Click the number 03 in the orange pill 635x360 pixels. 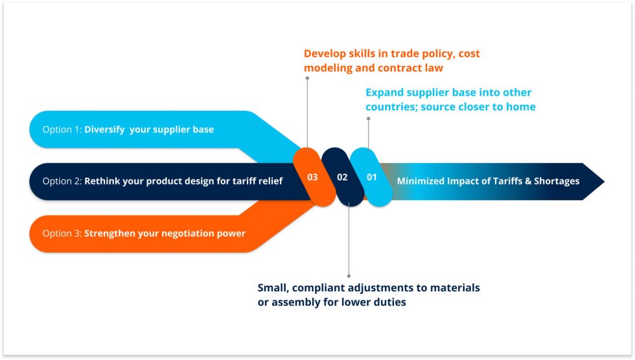(312, 177)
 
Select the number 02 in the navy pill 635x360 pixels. (342, 177)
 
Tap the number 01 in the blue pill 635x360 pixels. (371, 177)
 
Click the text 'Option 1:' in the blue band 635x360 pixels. (62, 129)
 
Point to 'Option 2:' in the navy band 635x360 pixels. (62, 181)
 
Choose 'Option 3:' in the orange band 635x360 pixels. (62, 233)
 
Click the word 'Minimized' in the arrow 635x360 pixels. (421, 181)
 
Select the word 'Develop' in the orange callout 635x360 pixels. (325, 53)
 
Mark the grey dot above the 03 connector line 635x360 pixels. (307, 78)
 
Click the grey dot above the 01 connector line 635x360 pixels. (368, 118)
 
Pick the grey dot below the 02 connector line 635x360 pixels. (349, 275)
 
